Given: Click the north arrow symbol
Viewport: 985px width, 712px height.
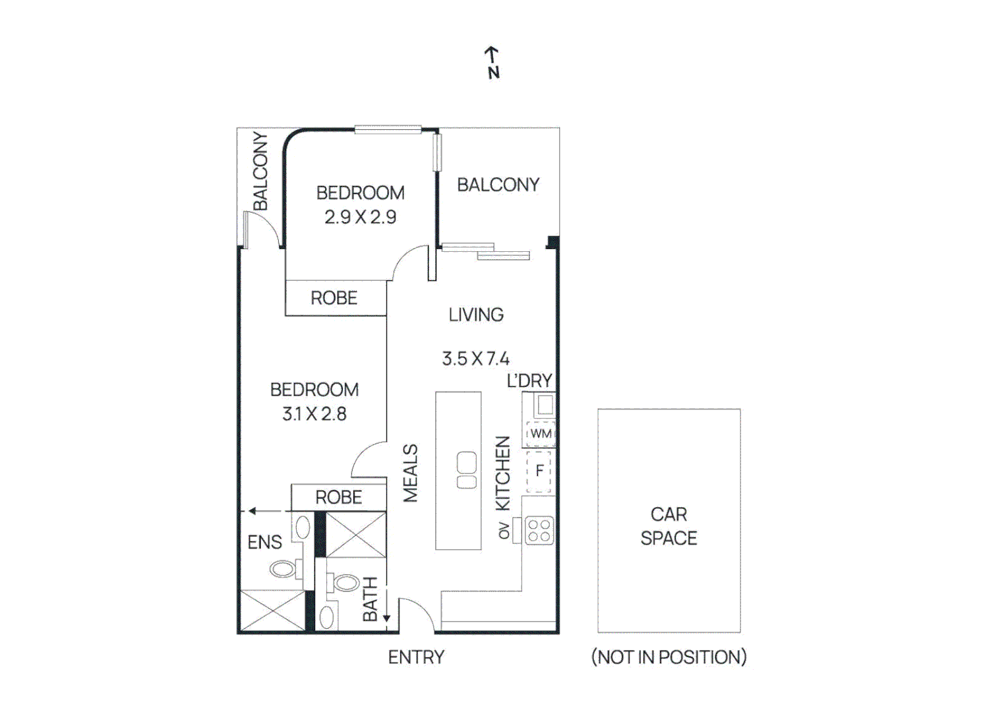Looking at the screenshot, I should click(x=492, y=62).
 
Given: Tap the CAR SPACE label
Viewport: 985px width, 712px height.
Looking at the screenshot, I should click(x=669, y=526).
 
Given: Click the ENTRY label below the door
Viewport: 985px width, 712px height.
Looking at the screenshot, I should click(x=416, y=657).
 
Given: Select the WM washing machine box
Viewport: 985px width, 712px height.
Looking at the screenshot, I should click(x=541, y=434).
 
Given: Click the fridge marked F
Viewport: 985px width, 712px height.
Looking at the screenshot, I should click(x=539, y=471).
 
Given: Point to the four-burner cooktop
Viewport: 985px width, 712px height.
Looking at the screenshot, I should click(x=539, y=531).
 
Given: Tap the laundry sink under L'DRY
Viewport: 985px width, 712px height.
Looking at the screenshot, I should click(x=545, y=403).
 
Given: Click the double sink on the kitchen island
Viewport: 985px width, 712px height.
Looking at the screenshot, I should click(x=467, y=470).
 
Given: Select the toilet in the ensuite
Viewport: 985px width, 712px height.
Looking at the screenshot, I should click(x=284, y=569).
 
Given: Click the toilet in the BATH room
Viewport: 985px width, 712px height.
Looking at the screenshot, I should click(x=345, y=583).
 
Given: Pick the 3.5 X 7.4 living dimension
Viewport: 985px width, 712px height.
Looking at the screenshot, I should click(x=475, y=359).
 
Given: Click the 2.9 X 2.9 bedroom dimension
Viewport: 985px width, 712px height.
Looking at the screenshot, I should click(x=360, y=217).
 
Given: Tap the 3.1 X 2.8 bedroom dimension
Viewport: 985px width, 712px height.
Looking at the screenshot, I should click(x=314, y=414).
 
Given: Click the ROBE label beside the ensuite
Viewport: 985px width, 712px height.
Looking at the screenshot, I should click(x=338, y=497).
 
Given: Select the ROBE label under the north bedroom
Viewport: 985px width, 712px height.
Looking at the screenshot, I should click(x=334, y=298).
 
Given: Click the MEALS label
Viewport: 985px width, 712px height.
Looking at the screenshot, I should click(x=410, y=473).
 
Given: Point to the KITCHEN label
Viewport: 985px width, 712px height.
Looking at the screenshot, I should click(x=502, y=473).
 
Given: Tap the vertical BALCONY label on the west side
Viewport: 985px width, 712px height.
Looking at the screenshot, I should click(x=260, y=171).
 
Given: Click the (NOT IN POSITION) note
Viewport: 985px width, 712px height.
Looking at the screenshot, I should click(x=669, y=657).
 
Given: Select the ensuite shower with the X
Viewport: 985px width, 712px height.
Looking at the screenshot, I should click(x=272, y=611).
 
